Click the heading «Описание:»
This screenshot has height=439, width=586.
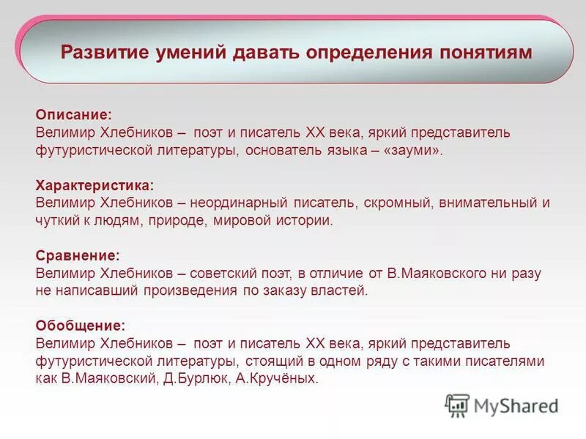(x=73, y=115)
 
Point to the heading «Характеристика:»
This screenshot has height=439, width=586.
(x=94, y=186)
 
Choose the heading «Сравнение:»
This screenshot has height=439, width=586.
(x=77, y=255)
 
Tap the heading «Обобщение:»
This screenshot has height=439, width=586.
(x=80, y=325)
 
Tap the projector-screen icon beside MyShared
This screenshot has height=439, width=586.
(x=458, y=405)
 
